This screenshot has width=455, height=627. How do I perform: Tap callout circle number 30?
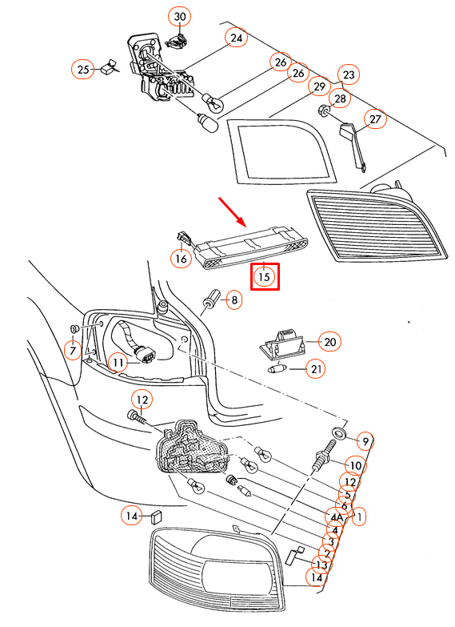[180, 17]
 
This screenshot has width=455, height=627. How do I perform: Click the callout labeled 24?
[236, 38]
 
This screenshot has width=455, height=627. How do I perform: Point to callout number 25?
[82, 70]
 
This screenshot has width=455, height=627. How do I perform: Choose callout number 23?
[348, 74]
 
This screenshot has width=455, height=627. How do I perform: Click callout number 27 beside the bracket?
[375, 119]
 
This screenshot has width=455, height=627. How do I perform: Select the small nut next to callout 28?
[324, 109]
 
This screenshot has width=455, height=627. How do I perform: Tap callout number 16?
[181, 259]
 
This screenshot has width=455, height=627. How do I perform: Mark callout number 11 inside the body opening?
[119, 364]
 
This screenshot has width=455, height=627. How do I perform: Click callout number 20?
[330, 342]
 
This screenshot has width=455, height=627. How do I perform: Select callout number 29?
[319, 86]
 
